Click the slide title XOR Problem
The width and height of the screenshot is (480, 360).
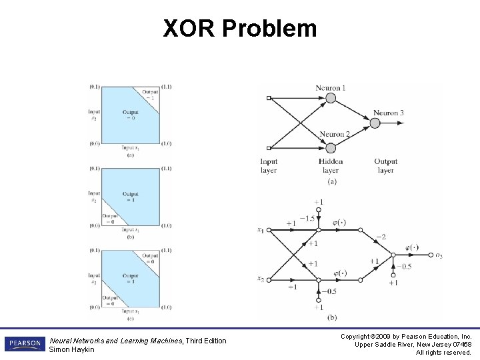(240, 29)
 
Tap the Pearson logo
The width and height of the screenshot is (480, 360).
(25, 344)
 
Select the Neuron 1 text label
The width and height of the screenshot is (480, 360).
(330, 88)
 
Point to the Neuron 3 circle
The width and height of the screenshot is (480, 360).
(375, 123)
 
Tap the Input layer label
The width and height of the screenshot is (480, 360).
(269, 165)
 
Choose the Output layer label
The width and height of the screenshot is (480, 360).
(385, 165)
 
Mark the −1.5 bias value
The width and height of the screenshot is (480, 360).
(307, 219)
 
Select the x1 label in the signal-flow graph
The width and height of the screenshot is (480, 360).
(261, 230)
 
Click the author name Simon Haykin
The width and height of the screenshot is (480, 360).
(72, 349)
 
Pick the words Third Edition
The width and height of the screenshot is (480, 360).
(205, 341)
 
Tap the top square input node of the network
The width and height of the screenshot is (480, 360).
(269, 98)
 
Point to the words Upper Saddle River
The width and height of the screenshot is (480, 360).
(379, 344)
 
